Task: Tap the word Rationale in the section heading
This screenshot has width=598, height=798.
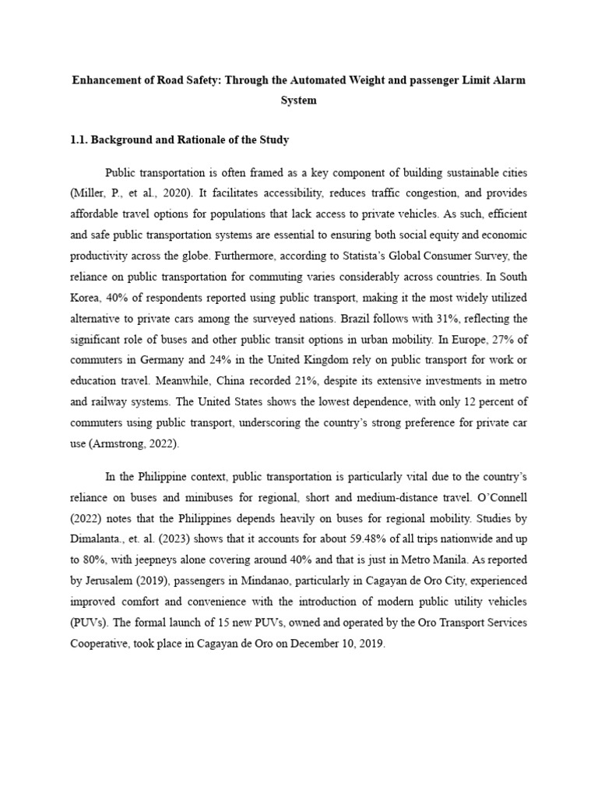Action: (x=205, y=140)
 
